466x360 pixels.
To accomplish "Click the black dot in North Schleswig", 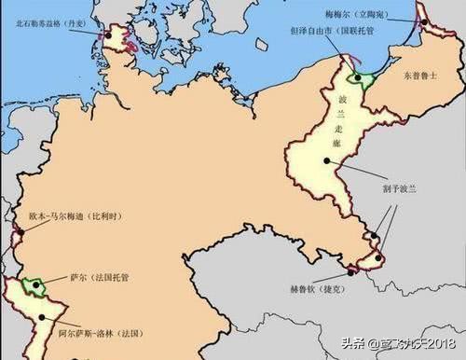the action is coord(108,36).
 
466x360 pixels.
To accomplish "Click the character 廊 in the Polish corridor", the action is coord(336,142).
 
